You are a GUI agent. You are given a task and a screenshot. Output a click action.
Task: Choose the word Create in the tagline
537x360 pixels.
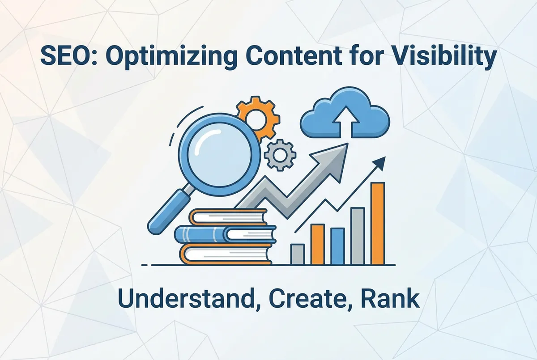point(293,299)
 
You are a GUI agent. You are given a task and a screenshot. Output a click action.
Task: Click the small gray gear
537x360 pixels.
point(280,154)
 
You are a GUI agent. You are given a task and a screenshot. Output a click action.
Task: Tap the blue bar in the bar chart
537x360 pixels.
point(337,246)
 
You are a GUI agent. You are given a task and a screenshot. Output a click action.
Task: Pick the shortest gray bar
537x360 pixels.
point(297,254)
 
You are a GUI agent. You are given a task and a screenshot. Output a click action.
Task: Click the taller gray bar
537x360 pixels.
point(357,236)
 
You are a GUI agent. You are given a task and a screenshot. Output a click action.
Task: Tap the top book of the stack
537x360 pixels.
point(228,217)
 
